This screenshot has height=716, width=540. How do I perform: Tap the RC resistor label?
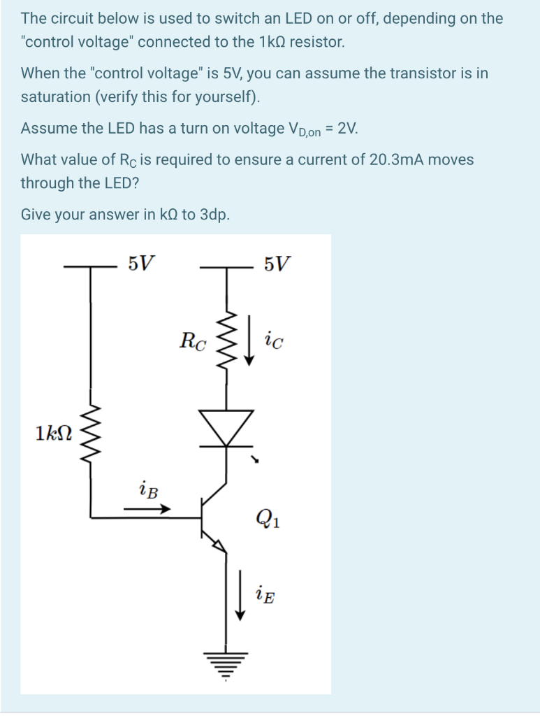(192, 341)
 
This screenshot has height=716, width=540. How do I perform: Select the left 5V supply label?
(142, 264)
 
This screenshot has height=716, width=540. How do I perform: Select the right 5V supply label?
(278, 264)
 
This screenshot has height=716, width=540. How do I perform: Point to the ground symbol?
(226, 661)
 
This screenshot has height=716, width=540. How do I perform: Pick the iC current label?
(275, 341)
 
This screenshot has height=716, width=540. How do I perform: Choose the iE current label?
(265, 595)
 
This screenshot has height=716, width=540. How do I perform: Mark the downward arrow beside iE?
(240, 595)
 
